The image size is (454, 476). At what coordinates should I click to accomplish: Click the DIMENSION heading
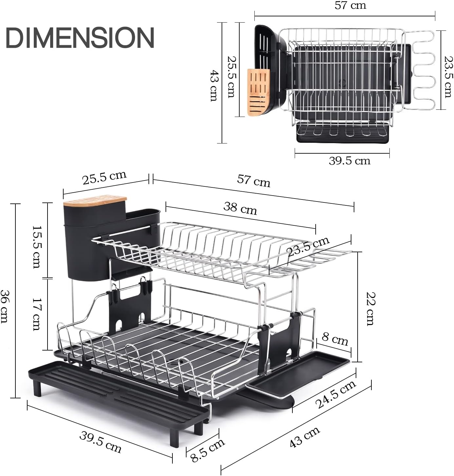coord(80,38)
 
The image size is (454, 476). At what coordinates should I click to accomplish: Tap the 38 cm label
coord(240,208)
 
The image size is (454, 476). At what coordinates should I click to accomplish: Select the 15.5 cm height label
coord(37,246)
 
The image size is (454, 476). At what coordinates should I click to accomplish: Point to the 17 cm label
coord(37,314)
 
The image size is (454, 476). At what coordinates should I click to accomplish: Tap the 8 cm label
coord(335,339)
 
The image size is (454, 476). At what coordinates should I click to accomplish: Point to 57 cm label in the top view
coord(350,6)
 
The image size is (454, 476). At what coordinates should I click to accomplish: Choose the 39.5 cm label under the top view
coord(349,161)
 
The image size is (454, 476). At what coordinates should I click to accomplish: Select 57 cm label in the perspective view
coord(254,181)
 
